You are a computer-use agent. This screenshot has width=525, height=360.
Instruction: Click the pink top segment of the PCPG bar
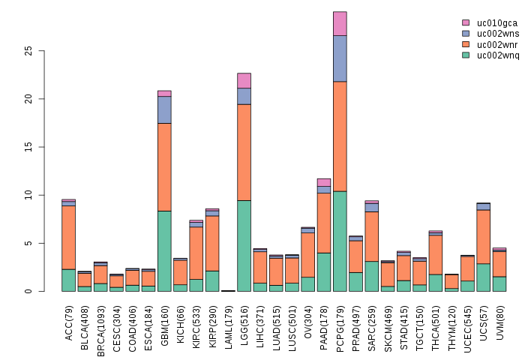tap(340, 23)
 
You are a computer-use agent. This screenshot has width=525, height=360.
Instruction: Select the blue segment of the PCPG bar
tap(340, 58)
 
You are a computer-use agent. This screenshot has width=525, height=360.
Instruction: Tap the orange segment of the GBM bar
tap(164, 167)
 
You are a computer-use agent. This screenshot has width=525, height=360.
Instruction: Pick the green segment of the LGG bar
tap(244, 245)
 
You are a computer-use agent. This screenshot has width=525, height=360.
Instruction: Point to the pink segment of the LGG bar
tap(244, 80)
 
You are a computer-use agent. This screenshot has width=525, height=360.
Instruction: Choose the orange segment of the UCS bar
tap(483, 236)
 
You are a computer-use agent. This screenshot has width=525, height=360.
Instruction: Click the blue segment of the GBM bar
tap(164, 109)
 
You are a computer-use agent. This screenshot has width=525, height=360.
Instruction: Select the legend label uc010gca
tap(497, 23)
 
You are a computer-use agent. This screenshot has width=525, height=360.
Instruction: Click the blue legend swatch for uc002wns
tap(466, 34)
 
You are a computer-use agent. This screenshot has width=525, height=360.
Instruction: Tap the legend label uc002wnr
tap(497, 44)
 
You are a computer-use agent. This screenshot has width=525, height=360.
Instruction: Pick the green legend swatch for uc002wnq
tap(466, 55)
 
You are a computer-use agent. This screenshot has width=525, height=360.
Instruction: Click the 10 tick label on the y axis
tap(31, 195)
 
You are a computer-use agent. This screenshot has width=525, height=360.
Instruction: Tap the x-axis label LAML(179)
tap(228, 323)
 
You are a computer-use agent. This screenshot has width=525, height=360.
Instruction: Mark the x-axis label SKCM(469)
tap(388, 323)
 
